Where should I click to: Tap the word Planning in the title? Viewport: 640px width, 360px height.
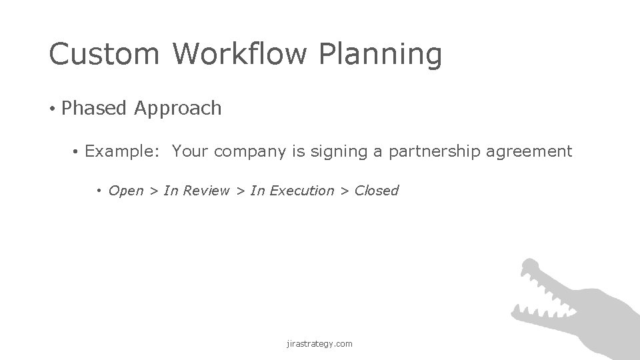(381, 55)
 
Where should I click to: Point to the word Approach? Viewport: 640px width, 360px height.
(177, 109)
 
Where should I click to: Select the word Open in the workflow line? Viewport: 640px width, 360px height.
(125, 191)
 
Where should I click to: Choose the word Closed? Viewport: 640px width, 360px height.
(376, 191)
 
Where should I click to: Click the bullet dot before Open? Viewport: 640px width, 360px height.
(99, 191)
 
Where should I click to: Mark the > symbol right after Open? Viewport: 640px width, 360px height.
(153, 191)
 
